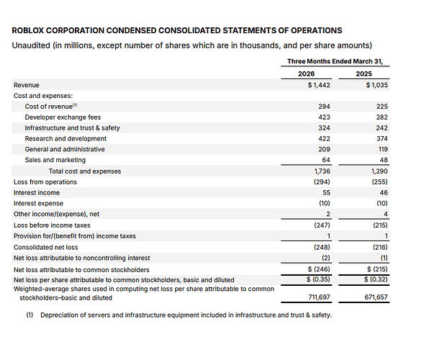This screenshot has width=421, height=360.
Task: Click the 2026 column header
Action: (306, 73)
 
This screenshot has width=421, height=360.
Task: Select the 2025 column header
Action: (364, 73)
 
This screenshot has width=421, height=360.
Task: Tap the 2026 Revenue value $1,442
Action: (319, 85)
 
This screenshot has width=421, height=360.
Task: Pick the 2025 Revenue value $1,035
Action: (376, 85)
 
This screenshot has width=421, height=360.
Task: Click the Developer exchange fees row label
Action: (63, 117)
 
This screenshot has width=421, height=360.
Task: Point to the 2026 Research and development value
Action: (324, 139)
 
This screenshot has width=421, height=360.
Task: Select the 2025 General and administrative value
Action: (383, 149)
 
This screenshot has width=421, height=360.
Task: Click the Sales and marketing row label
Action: (55, 160)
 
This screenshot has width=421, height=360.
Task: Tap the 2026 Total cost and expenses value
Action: (322, 171)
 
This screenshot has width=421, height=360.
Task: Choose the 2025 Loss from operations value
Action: (380, 182)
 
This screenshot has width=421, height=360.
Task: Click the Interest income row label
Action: (37, 193)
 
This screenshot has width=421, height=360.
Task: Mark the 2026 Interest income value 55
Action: (326, 193)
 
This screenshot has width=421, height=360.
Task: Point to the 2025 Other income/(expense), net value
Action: (386, 214)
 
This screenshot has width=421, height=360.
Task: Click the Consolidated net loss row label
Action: (45, 247)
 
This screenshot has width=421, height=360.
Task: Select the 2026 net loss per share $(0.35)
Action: (318, 279)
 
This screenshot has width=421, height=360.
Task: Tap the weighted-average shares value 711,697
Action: (319, 297)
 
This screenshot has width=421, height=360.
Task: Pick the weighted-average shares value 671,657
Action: (376, 297)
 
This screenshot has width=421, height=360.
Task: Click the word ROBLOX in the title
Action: (27, 30)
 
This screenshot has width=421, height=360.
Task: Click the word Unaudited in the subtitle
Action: (31, 45)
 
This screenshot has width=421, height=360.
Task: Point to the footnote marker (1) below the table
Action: (30, 315)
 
